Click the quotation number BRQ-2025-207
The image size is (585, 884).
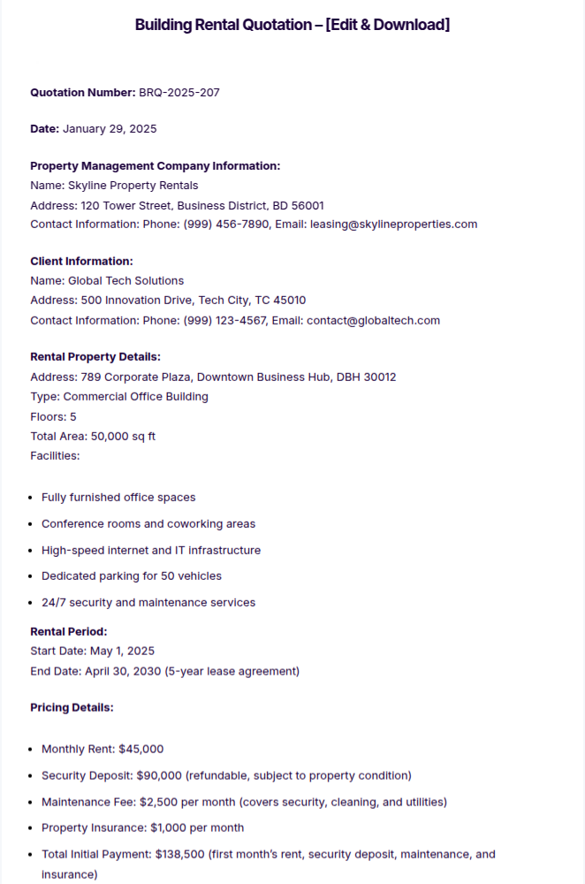179,92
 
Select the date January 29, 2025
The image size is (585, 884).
110,129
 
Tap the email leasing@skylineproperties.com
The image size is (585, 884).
393,225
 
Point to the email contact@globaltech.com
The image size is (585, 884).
373,321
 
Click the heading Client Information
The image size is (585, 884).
81,262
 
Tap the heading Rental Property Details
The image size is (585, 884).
95,357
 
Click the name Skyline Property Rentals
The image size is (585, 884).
133,186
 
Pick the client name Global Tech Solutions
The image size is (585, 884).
126,281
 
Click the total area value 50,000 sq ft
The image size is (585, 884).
124,437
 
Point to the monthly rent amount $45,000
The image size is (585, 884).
141,750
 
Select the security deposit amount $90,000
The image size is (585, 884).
159,776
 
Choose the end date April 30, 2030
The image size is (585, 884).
123,671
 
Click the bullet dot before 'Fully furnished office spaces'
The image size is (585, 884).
32,499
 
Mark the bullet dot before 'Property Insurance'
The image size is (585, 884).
32,828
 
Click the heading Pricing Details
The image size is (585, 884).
72,708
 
